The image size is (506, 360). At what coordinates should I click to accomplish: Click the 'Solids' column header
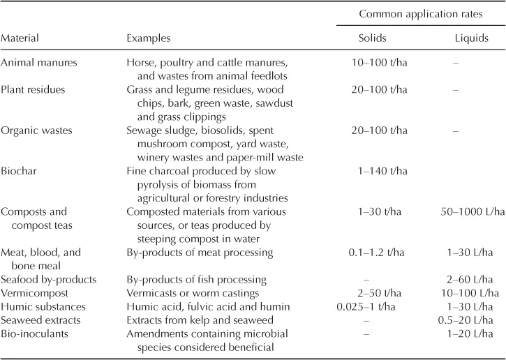click(x=373, y=38)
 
